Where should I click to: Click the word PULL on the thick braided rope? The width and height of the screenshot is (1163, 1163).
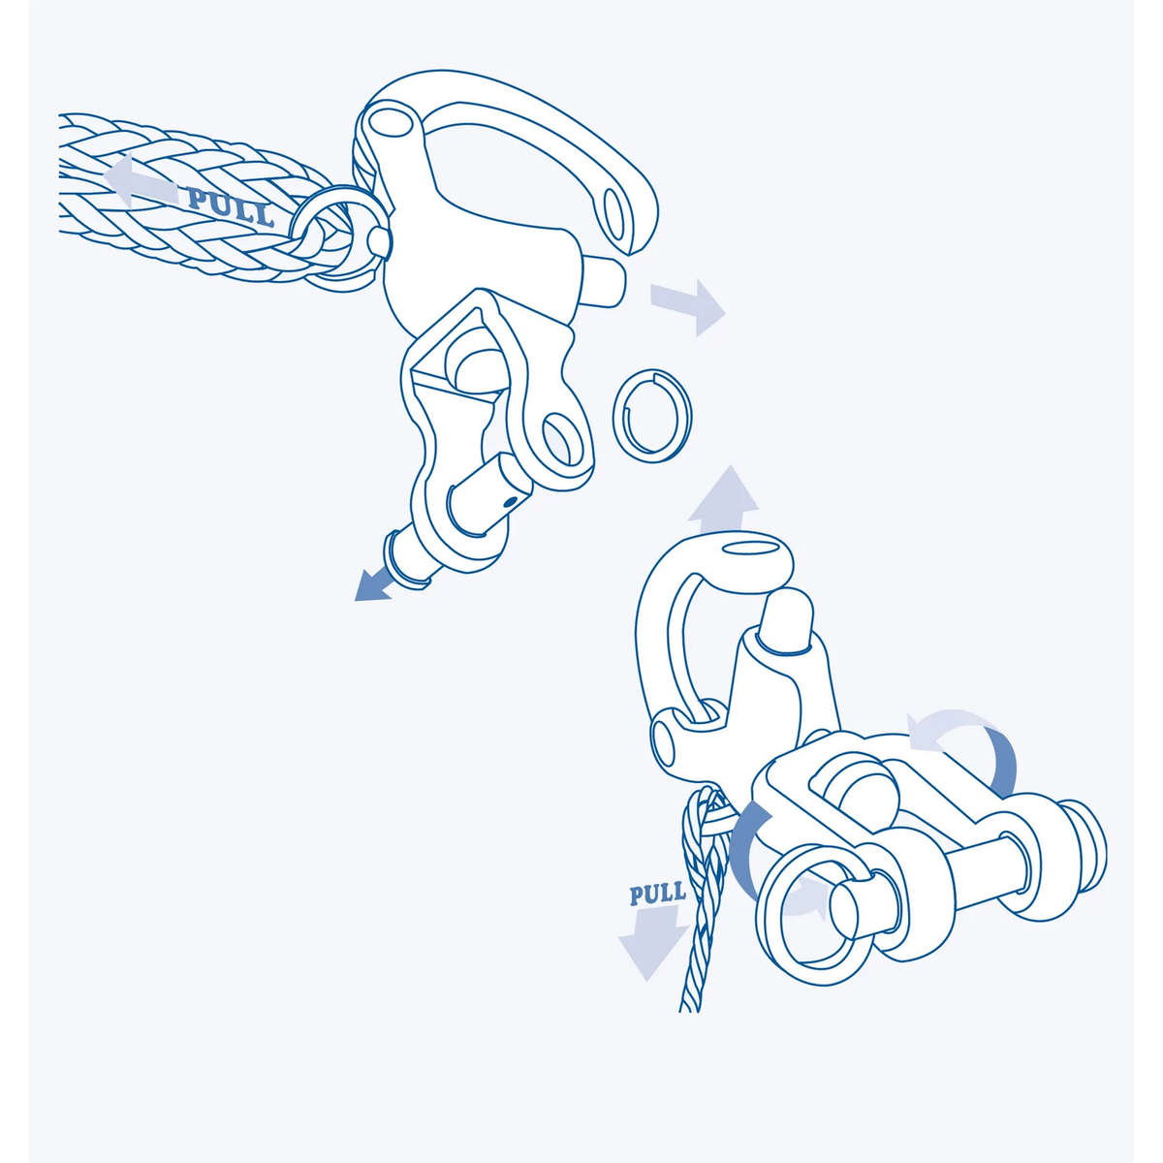[x=231, y=207]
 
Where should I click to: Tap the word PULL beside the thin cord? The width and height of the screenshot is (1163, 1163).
[x=657, y=893]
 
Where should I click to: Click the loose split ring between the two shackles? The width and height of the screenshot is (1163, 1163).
[x=652, y=411]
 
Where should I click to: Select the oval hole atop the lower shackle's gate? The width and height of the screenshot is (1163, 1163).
[x=745, y=550]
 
